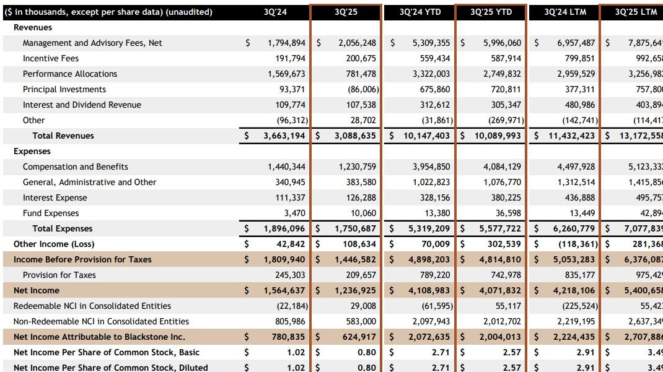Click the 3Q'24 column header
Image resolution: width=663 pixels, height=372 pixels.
click(x=274, y=12)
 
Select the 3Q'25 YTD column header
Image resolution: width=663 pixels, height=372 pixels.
click(x=491, y=12)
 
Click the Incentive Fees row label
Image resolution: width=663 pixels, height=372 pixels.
click(x=51, y=58)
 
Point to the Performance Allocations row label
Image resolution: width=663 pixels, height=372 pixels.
click(x=70, y=74)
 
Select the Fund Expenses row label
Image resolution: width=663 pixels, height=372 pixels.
click(x=51, y=213)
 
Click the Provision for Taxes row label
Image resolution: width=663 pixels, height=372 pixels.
click(x=59, y=275)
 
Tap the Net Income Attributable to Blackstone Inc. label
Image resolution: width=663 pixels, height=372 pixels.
click(x=99, y=337)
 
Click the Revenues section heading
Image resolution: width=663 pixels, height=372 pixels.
click(x=33, y=27)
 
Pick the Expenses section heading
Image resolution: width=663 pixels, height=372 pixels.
click(x=32, y=151)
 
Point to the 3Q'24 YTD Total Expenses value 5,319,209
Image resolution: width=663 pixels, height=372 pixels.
click(x=426, y=228)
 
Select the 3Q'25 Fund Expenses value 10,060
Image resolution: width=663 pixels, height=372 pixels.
click(x=362, y=213)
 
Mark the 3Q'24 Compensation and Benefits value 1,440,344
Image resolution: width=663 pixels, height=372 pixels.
click(x=286, y=167)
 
